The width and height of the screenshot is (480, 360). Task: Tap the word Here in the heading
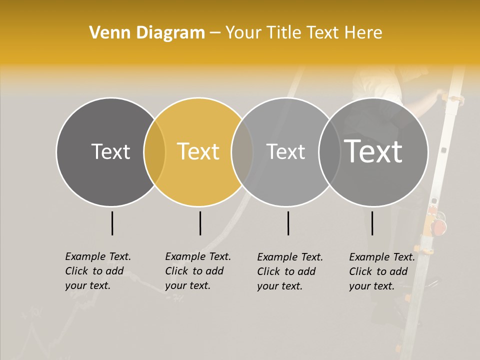click(x=365, y=33)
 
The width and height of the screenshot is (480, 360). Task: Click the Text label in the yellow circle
click(x=198, y=151)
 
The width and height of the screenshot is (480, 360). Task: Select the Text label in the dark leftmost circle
click(x=110, y=151)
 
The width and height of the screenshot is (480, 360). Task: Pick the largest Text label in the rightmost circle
click(x=373, y=151)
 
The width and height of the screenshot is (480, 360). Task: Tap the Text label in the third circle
click(x=285, y=152)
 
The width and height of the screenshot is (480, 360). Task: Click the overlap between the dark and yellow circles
click(x=154, y=152)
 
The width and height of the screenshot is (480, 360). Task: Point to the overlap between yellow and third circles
click(x=242, y=152)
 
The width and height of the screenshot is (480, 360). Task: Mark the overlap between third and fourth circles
click(x=329, y=152)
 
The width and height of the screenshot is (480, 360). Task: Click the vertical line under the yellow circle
click(x=200, y=223)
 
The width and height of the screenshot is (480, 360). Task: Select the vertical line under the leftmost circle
click(x=112, y=223)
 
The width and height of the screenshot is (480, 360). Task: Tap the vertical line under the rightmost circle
click(x=372, y=223)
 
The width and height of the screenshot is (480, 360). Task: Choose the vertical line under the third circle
click(x=288, y=223)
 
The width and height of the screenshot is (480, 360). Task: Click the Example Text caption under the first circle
click(x=97, y=271)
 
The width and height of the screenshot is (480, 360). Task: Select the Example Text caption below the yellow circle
click(x=197, y=271)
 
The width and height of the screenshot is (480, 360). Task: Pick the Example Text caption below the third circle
click(x=289, y=271)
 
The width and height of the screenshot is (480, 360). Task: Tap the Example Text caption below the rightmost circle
click(x=381, y=271)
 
